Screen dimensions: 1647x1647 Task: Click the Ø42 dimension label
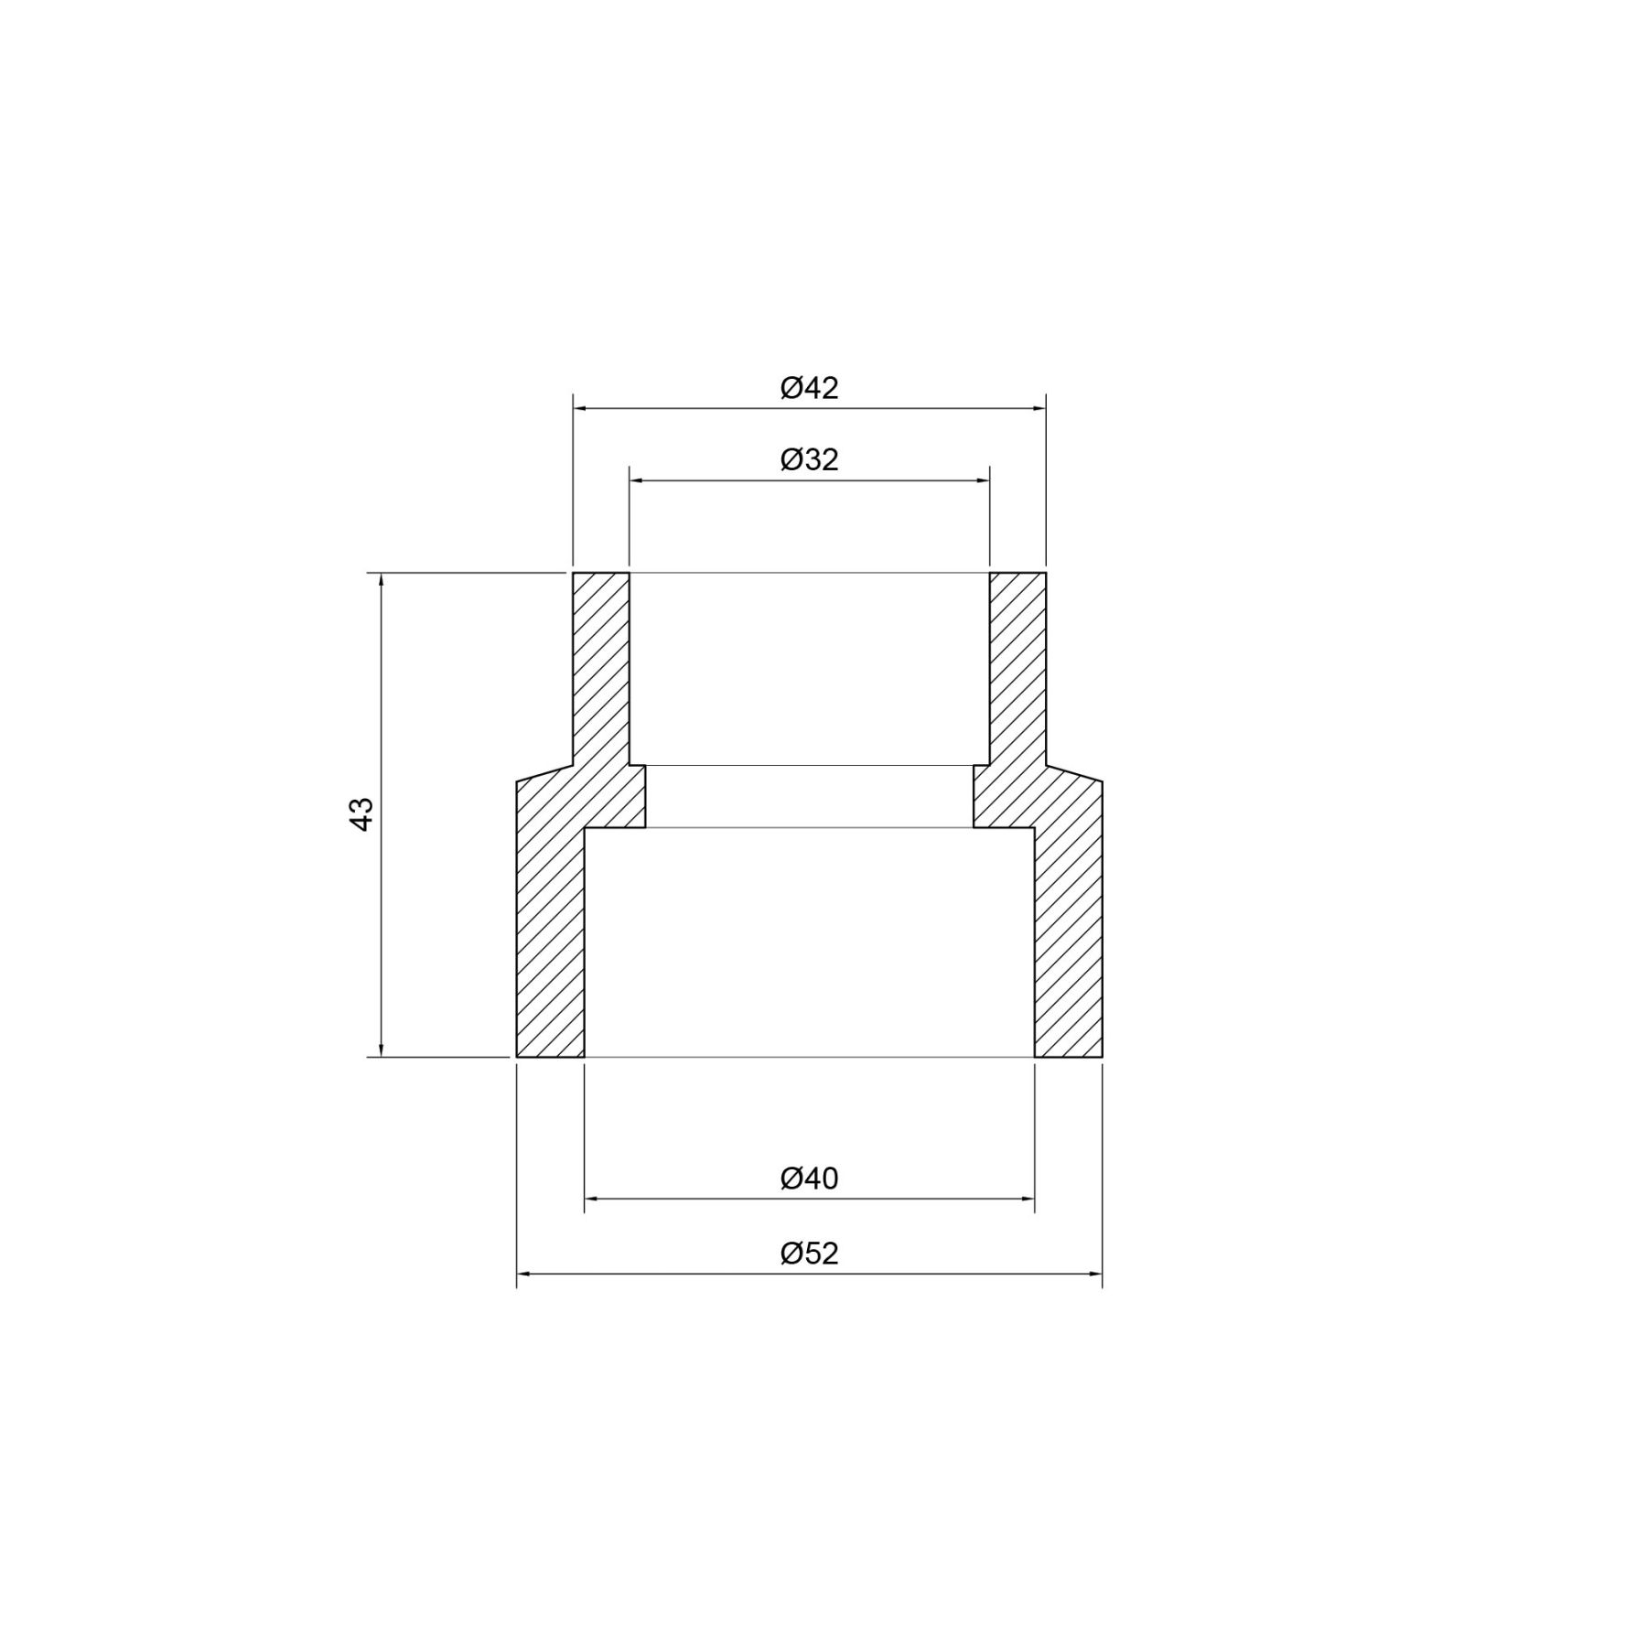point(809,388)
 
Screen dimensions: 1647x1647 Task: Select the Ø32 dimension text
point(809,459)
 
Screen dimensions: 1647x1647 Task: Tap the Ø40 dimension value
point(809,1179)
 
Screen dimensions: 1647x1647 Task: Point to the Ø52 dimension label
point(809,1253)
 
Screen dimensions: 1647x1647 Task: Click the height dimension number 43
point(362,814)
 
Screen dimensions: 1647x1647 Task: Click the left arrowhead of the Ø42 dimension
point(580,409)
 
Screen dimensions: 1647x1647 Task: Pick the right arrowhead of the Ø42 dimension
point(1039,409)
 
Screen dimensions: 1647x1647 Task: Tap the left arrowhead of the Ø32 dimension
point(637,479)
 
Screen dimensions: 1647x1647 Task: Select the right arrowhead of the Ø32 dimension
point(982,479)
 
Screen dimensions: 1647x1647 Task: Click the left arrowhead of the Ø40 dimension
point(592,1198)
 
